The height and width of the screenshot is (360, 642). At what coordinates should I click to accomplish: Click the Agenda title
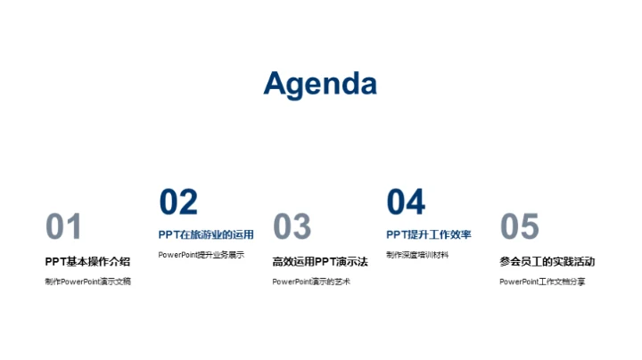click(x=320, y=83)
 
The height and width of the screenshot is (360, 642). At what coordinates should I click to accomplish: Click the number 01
click(x=63, y=227)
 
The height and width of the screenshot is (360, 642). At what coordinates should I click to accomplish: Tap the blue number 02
click(x=177, y=202)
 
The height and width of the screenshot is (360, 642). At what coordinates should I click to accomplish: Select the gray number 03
click(x=291, y=227)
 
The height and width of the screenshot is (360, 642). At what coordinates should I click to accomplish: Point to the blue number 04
click(x=406, y=202)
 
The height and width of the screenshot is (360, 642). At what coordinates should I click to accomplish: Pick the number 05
click(x=519, y=227)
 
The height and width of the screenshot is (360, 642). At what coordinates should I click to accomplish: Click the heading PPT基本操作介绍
click(x=87, y=261)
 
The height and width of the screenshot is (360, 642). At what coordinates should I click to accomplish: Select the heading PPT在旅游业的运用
click(x=206, y=235)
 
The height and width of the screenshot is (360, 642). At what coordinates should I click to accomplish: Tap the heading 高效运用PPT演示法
click(x=320, y=261)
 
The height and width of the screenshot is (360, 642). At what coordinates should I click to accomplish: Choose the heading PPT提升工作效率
click(x=429, y=235)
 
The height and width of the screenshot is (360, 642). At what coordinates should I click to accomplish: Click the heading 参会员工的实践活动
click(x=547, y=261)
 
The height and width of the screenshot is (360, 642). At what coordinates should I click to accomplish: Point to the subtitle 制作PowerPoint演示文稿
click(x=87, y=282)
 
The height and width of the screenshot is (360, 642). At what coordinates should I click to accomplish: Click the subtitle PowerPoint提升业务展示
click(x=201, y=255)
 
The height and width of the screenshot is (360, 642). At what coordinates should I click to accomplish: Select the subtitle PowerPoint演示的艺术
click(x=311, y=282)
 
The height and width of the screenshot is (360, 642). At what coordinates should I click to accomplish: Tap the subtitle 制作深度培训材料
click(x=417, y=255)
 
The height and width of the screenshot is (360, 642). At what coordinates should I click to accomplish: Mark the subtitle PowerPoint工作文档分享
click(x=542, y=282)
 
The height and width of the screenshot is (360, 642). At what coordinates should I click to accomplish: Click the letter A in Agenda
click(x=276, y=83)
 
